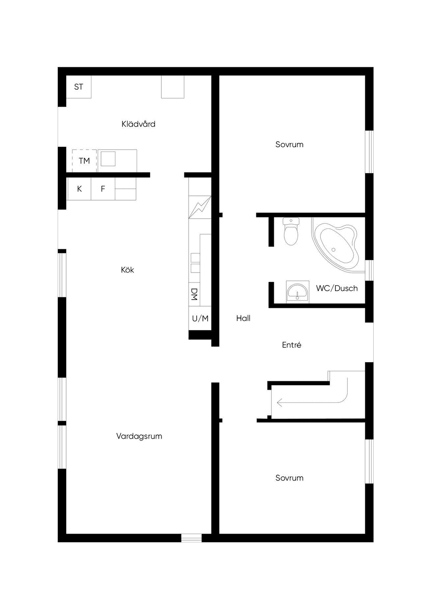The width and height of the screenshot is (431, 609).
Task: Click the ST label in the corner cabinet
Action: pyautogui.click(x=78, y=87)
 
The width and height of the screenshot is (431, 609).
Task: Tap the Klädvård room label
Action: pyautogui.click(x=138, y=124)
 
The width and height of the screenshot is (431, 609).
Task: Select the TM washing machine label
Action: pyautogui.click(x=84, y=161)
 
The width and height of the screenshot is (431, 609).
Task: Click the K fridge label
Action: pyautogui.click(x=80, y=189)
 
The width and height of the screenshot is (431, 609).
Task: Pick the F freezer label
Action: pyautogui.click(x=103, y=189)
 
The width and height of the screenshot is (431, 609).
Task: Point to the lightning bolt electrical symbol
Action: pyautogui.click(x=200, y=207)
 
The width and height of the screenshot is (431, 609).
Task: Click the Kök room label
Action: pyautogui.click(x=128, y=270)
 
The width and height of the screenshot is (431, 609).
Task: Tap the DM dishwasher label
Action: pyautogui.click(x=194, y=294)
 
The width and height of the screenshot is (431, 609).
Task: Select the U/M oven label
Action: pyautogui.click(x=200, y=318)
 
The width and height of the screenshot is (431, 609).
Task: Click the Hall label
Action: pyautogui.click(x=243, y=318)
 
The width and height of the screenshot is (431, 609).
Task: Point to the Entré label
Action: pyautogui.click(x=292, y=345)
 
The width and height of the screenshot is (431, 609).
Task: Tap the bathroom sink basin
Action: pyautogui.click(x=298, y=292)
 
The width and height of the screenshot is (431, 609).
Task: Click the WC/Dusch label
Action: pyautogui.click(x=337, y=288)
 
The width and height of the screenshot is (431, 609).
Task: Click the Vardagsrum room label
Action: pyautogui.click(x=139, y=436)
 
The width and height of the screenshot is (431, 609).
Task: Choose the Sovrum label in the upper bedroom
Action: pyautogui.click(x=289, y=144)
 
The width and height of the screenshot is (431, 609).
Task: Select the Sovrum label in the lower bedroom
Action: pyautogui.click(x=289, y=478)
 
